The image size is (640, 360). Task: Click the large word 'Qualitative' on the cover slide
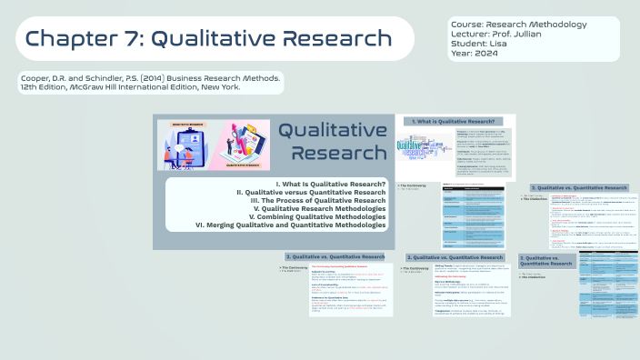pos(332,130)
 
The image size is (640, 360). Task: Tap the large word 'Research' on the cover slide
pos(333,152)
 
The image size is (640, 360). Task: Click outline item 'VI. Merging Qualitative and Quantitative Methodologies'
pos(291,225)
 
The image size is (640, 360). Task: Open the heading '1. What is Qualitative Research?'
pos(455,121)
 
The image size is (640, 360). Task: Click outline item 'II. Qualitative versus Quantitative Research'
pos(312,193)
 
